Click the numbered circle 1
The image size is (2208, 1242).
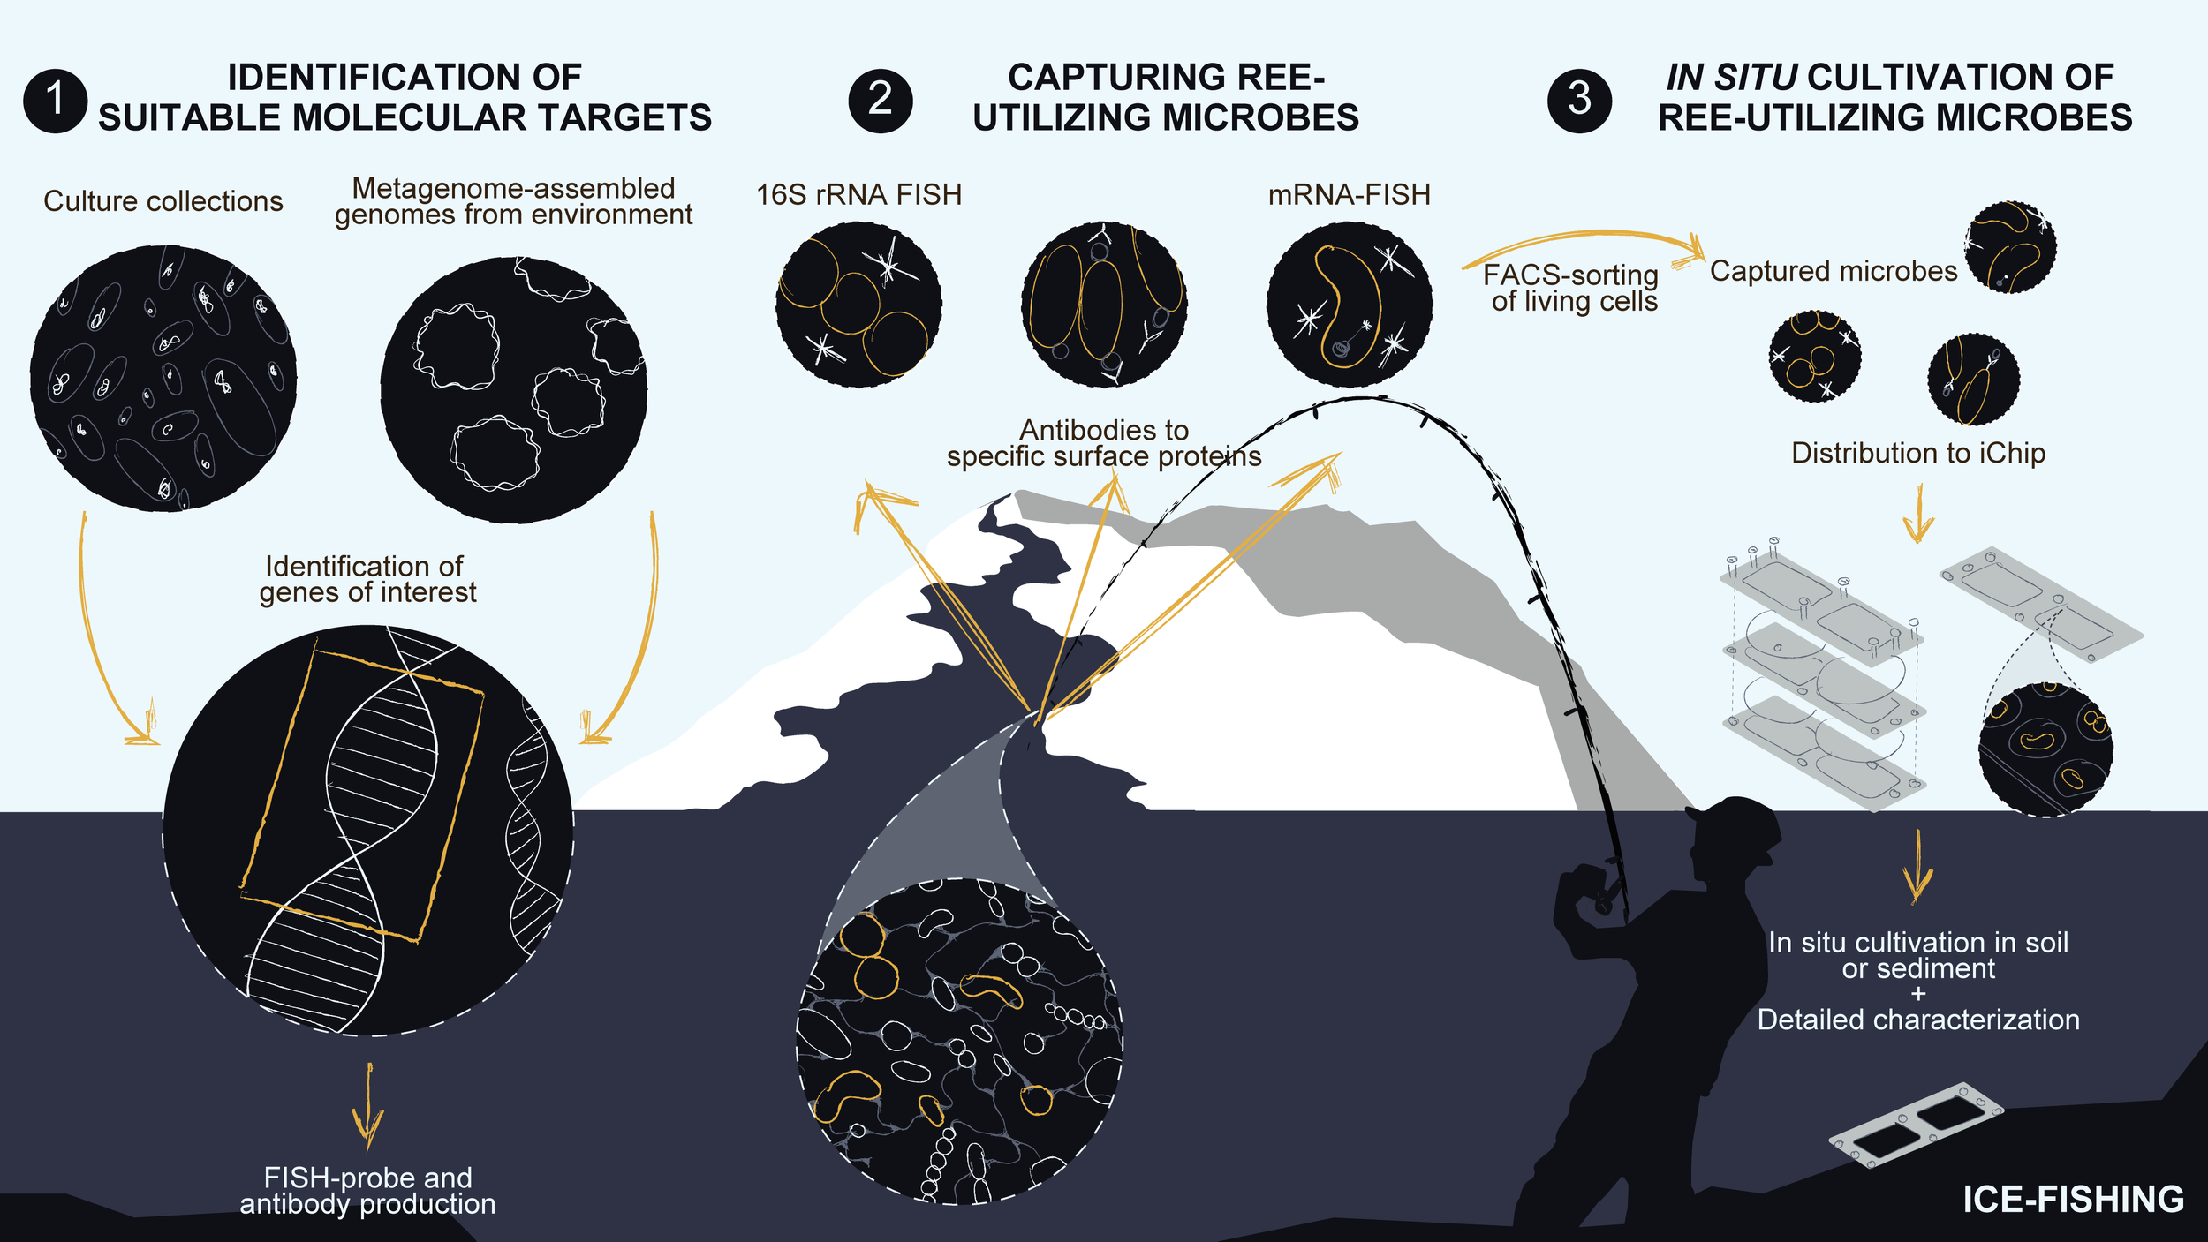pos(55,101)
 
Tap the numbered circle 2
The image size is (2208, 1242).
pos(880,101)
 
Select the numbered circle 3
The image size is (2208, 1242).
pos(1579,101)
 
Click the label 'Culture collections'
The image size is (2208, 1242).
pos(163,201)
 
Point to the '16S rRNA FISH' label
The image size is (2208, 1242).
pos(858,194)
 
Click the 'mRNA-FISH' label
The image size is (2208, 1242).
pos(1349,194)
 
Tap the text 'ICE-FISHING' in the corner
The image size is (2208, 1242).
pos(2073,1200)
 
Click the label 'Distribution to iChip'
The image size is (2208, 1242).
pos(1918,453)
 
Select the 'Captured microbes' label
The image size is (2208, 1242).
pos(1834,271)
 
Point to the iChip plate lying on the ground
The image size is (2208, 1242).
pos(1914,1125)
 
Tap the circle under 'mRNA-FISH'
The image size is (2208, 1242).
pos(1349,305)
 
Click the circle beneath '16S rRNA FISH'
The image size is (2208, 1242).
pos(858,305)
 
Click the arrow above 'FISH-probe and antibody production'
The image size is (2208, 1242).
pos(367,1108)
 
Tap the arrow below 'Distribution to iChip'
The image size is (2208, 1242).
pos(1918,514)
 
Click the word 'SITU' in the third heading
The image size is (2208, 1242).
pos(1756,78)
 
